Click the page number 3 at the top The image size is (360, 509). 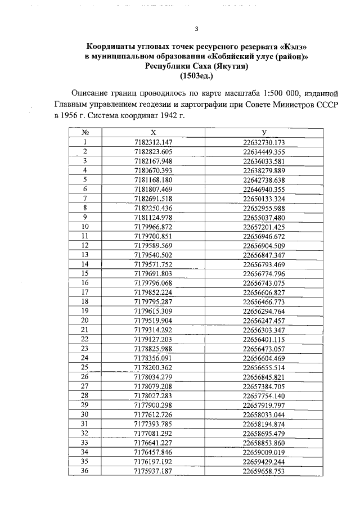click(x=196, y=30)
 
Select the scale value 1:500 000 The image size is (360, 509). click(x=267, y=93)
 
